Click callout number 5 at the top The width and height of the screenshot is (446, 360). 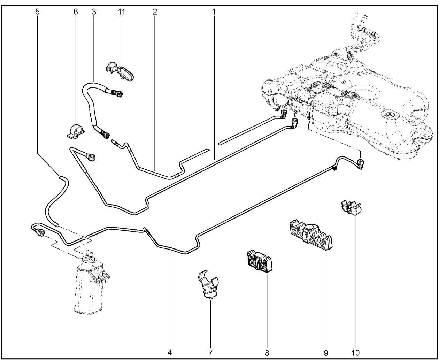click(37, 11)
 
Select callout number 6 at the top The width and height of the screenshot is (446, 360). click(75, 11)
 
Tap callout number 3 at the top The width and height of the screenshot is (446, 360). click(94, 11)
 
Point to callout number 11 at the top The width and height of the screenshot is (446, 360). click(121, 11)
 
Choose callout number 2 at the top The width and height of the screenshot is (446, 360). click(155, 11)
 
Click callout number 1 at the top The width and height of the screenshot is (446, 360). click(214, 11)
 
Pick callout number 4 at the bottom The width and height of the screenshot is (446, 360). click(170, 352)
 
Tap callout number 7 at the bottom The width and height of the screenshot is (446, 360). click(210, 352)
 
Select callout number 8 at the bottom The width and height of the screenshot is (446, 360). click(267, 352)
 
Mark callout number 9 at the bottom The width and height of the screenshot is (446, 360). click(326, 352)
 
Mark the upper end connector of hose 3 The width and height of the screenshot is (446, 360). click(117, 93)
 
